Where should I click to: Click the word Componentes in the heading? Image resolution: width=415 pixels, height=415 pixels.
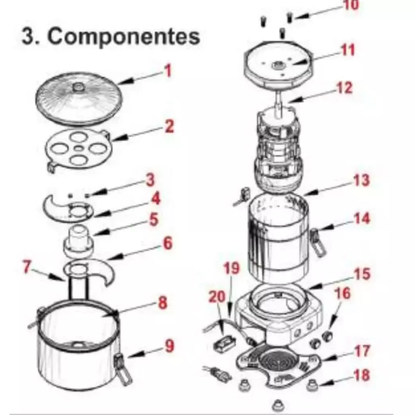click(x=124, y=37)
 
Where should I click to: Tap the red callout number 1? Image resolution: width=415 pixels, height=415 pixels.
click(x=168, y=71)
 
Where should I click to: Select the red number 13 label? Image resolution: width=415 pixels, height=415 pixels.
click(x=361, y=180)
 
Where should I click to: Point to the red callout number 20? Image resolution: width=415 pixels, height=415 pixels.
click(x=217, y=297)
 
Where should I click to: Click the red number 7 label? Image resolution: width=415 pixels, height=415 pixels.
click(x=27, y=266)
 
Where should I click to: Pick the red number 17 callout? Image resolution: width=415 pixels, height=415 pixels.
click(x=362, y=351)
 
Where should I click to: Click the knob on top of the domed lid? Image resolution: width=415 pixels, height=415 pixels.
click(x=77, y=87)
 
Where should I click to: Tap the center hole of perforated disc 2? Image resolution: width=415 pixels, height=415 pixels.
click(x=78, y=149)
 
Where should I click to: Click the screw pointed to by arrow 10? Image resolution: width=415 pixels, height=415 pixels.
click(x=290, y=17)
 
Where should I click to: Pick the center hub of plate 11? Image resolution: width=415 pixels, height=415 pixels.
click(x=278, y=64)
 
